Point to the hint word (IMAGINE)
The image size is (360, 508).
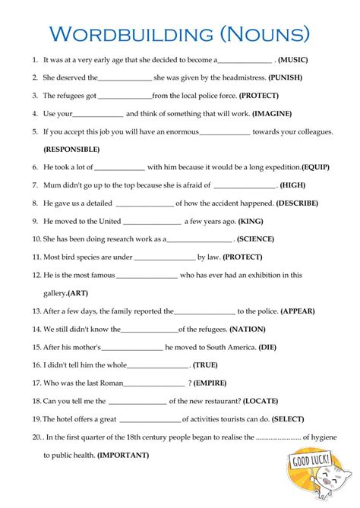[271, 114]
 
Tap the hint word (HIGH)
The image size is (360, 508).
[293, 185]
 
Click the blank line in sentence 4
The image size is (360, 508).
[98, 115]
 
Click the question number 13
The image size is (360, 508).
[36, 311]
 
